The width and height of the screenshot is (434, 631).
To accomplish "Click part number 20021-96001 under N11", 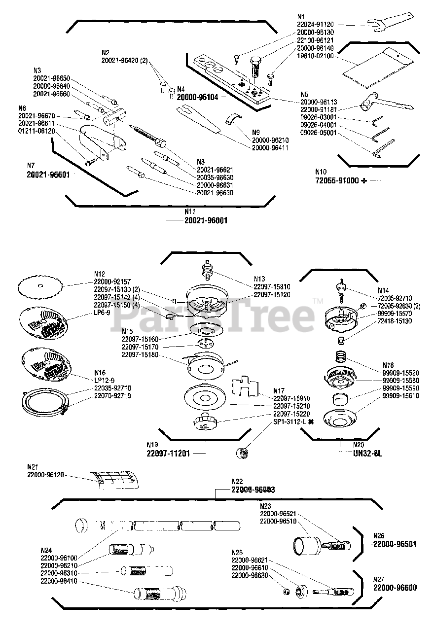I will coord(206,221).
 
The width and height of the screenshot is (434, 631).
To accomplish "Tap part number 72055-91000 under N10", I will coord(337,181).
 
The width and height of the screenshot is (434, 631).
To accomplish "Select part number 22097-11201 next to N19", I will coord(168,453).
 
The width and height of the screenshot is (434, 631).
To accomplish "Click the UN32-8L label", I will coord(364,453).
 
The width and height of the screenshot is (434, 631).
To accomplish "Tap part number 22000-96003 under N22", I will coord(253,490).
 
